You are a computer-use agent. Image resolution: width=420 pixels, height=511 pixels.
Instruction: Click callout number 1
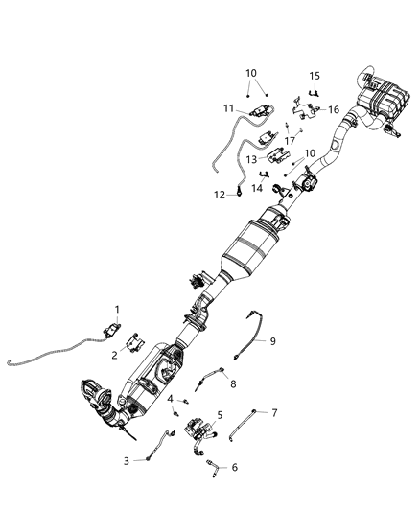[x=118, y=310]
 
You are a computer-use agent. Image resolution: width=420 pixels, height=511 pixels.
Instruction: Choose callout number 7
[x=274, y=413]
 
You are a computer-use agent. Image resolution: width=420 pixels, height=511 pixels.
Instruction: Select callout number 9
[x=272, y=341]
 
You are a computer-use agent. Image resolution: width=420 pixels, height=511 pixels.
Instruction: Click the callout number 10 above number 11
[x=251, y=73]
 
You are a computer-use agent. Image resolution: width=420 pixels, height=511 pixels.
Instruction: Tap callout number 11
[x=229, y=108]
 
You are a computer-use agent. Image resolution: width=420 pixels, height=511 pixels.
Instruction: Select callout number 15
[x=314, y=76]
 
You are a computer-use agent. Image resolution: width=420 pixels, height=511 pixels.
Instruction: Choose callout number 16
[x=334, y=110]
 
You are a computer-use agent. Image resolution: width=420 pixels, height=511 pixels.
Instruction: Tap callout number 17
[x=289, y=141]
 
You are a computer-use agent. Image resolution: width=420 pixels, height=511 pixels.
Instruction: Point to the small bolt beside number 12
[x=236, y=195]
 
